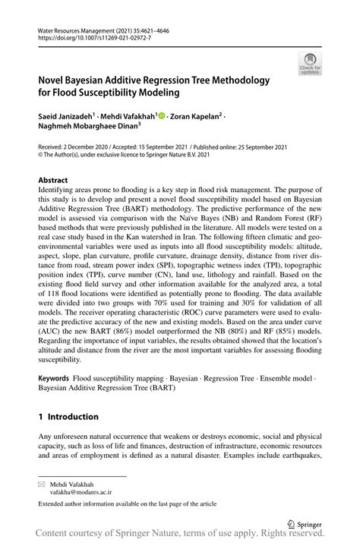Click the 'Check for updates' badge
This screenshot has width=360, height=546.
click(x=309, y=64)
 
